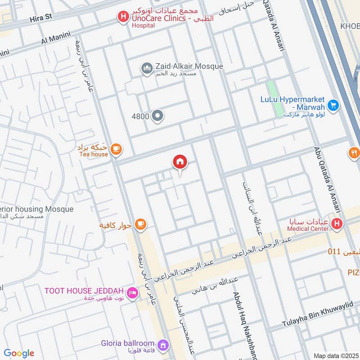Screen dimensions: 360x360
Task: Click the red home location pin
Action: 180,162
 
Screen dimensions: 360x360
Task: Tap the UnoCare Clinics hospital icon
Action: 121,18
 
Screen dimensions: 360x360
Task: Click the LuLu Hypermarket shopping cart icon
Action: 333,105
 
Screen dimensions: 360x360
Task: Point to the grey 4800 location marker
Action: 157,116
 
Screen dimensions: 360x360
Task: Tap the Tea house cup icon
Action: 116,149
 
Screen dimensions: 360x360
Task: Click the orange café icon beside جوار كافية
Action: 140,224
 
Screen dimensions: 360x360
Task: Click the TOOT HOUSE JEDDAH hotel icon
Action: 132,293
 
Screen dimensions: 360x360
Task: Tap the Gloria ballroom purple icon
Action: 163,345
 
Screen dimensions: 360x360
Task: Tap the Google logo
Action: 19,353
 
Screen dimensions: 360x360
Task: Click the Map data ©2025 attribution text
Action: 335,355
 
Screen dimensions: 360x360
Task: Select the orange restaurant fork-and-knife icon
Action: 355,153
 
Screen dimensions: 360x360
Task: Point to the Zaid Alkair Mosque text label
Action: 189,66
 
